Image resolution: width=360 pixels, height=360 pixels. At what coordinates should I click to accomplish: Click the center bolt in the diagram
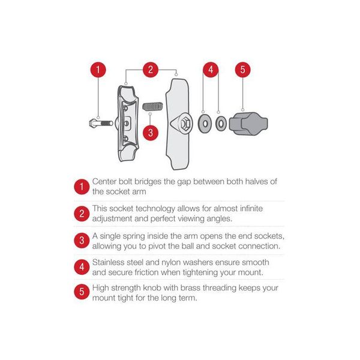click(101, 124)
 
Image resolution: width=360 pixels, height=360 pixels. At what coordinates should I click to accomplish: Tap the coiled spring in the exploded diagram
click(152, 106)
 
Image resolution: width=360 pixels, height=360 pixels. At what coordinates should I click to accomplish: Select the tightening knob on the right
click(248, 124)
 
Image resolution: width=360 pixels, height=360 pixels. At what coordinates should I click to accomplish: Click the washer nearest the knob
click(221, 124)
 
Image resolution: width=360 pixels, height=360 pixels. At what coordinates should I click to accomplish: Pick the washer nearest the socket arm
click(205, 124)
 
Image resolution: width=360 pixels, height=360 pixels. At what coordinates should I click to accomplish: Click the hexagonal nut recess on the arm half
click(184, 124)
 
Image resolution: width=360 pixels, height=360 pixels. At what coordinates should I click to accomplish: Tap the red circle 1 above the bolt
click(98, 70)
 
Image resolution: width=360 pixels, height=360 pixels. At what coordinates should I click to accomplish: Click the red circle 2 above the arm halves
click(151, 70)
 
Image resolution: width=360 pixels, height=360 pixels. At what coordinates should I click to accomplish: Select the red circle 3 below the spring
click(151, 133)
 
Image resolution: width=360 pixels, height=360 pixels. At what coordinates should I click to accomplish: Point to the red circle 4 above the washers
click(211, 70)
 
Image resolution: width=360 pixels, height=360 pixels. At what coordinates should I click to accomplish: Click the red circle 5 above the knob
click(242, 70)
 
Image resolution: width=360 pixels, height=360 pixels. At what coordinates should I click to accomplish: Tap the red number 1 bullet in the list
click(82, 187)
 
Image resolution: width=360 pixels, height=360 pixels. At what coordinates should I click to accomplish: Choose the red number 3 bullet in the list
click(82, 241)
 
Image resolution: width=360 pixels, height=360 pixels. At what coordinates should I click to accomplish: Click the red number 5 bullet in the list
click(82, 292)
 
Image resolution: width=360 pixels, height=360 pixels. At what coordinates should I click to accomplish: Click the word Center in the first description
click(104, 182)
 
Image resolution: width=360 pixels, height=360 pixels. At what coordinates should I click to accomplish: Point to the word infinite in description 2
click(251, 208)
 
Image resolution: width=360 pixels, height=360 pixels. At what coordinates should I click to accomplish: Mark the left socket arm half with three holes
click(128, 124)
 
